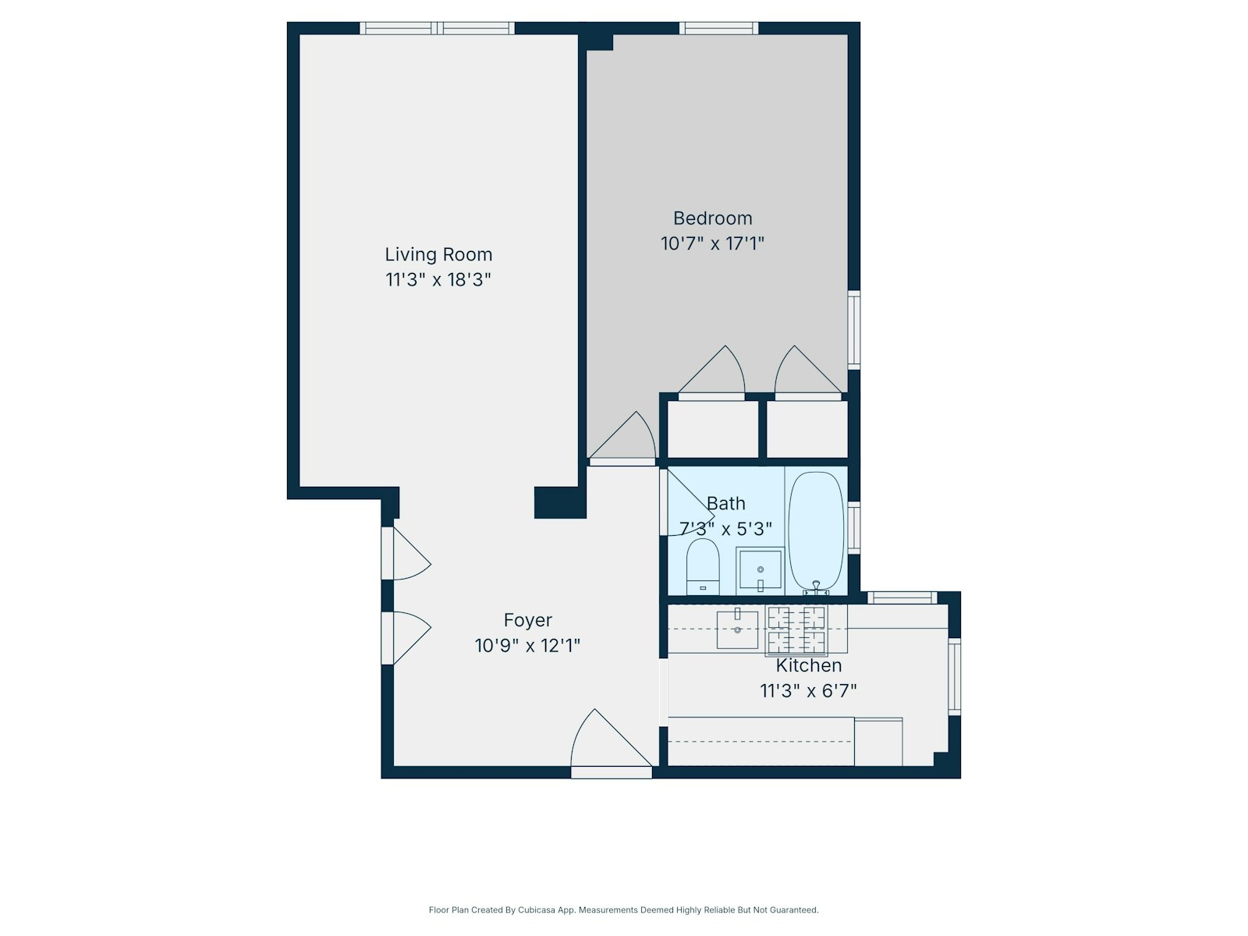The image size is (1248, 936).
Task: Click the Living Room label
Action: point(438,254)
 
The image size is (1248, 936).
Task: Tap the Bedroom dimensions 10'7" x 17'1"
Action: point(712,243)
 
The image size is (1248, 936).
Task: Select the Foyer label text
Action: point(528,620)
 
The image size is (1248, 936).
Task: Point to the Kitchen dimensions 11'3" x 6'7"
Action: point(808,691)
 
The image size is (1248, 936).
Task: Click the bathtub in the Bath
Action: point(816,530)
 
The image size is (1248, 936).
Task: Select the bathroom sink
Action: point(760,570)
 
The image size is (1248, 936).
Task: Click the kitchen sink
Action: point(737,629)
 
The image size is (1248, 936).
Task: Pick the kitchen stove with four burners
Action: point(796,630)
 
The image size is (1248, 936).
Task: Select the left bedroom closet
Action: point(713,429)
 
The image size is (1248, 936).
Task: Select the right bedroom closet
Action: point(807,429)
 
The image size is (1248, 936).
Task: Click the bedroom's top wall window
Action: point(718,29)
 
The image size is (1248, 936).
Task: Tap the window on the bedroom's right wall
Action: point(854,329)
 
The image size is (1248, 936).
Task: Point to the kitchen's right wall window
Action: point(954,675)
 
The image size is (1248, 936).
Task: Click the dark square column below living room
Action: point(559,502)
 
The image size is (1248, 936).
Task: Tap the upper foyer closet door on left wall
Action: point(406,554)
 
